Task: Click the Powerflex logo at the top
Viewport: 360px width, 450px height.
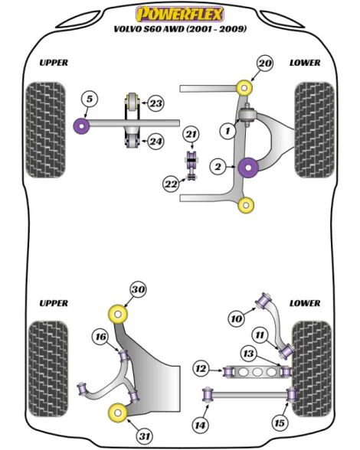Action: pyautogui.click(x=179, y=15)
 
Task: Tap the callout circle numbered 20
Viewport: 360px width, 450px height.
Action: pyautogui.click(x=264, y=64)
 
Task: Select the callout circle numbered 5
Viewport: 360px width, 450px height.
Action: pyautogui.click(x=90, y=99)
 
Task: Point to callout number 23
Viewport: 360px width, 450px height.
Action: pyautogui.click(x=155, y=103)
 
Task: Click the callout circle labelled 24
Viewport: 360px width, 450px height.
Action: pyautogui.click(x=155, y=142)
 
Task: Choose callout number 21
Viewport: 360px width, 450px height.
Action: pyautogui.click(x=191, y=135)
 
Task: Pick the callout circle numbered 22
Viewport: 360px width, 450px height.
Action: pyautogui.click(x=171, y=184)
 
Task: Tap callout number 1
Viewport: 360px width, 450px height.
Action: pyautogui.click(x=227, y=131)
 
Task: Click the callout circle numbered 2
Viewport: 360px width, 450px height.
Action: pyautogui.click(x=218, y=167)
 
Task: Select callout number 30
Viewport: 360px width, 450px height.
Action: pyautogui.click(x=138, y=289)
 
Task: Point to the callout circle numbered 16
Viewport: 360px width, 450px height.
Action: pyautogui.click(x=100, y=337)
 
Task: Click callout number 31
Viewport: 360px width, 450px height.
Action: pyautogui.click(x=145, y=436)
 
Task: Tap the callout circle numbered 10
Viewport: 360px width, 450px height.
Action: pyautogui.click(x=237, y=319)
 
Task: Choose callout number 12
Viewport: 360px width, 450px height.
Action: pyautogui.click(x=201, y=369)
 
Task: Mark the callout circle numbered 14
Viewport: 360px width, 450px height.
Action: pyautogui.click(x=200, y=425)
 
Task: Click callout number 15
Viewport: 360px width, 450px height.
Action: pyautogui.click(x=280, y=423)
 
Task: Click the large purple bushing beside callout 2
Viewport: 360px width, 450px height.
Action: pyautogui.click(x=248, y=168)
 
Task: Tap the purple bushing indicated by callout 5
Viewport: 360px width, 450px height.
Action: pyautogui.click(x=82, y=126)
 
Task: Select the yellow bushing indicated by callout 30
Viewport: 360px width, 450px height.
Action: pyautogui.click(x=118, y=315)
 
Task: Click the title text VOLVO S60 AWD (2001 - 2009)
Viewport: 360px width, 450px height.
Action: pyautogui.click(x=180, y=29)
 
